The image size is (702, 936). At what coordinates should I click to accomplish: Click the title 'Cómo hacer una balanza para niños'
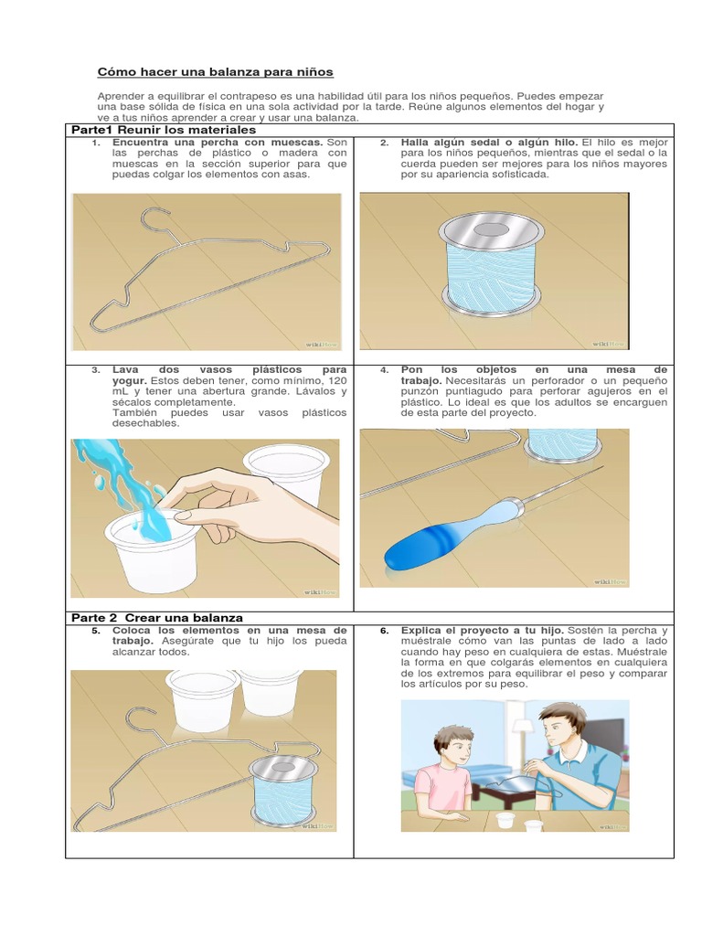coord(216,71)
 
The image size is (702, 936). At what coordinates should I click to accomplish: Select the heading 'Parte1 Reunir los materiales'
coord(163,131)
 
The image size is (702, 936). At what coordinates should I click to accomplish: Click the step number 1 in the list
coord(96,144)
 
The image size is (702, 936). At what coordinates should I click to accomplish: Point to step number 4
coord(385,370)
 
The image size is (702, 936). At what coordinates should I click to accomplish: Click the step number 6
coord(385,631)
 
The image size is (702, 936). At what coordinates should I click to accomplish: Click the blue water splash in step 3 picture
coord(128,480)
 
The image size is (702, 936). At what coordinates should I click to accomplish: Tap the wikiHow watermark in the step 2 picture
coord(610,344)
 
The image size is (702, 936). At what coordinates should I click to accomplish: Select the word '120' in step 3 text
coord(337,379)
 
